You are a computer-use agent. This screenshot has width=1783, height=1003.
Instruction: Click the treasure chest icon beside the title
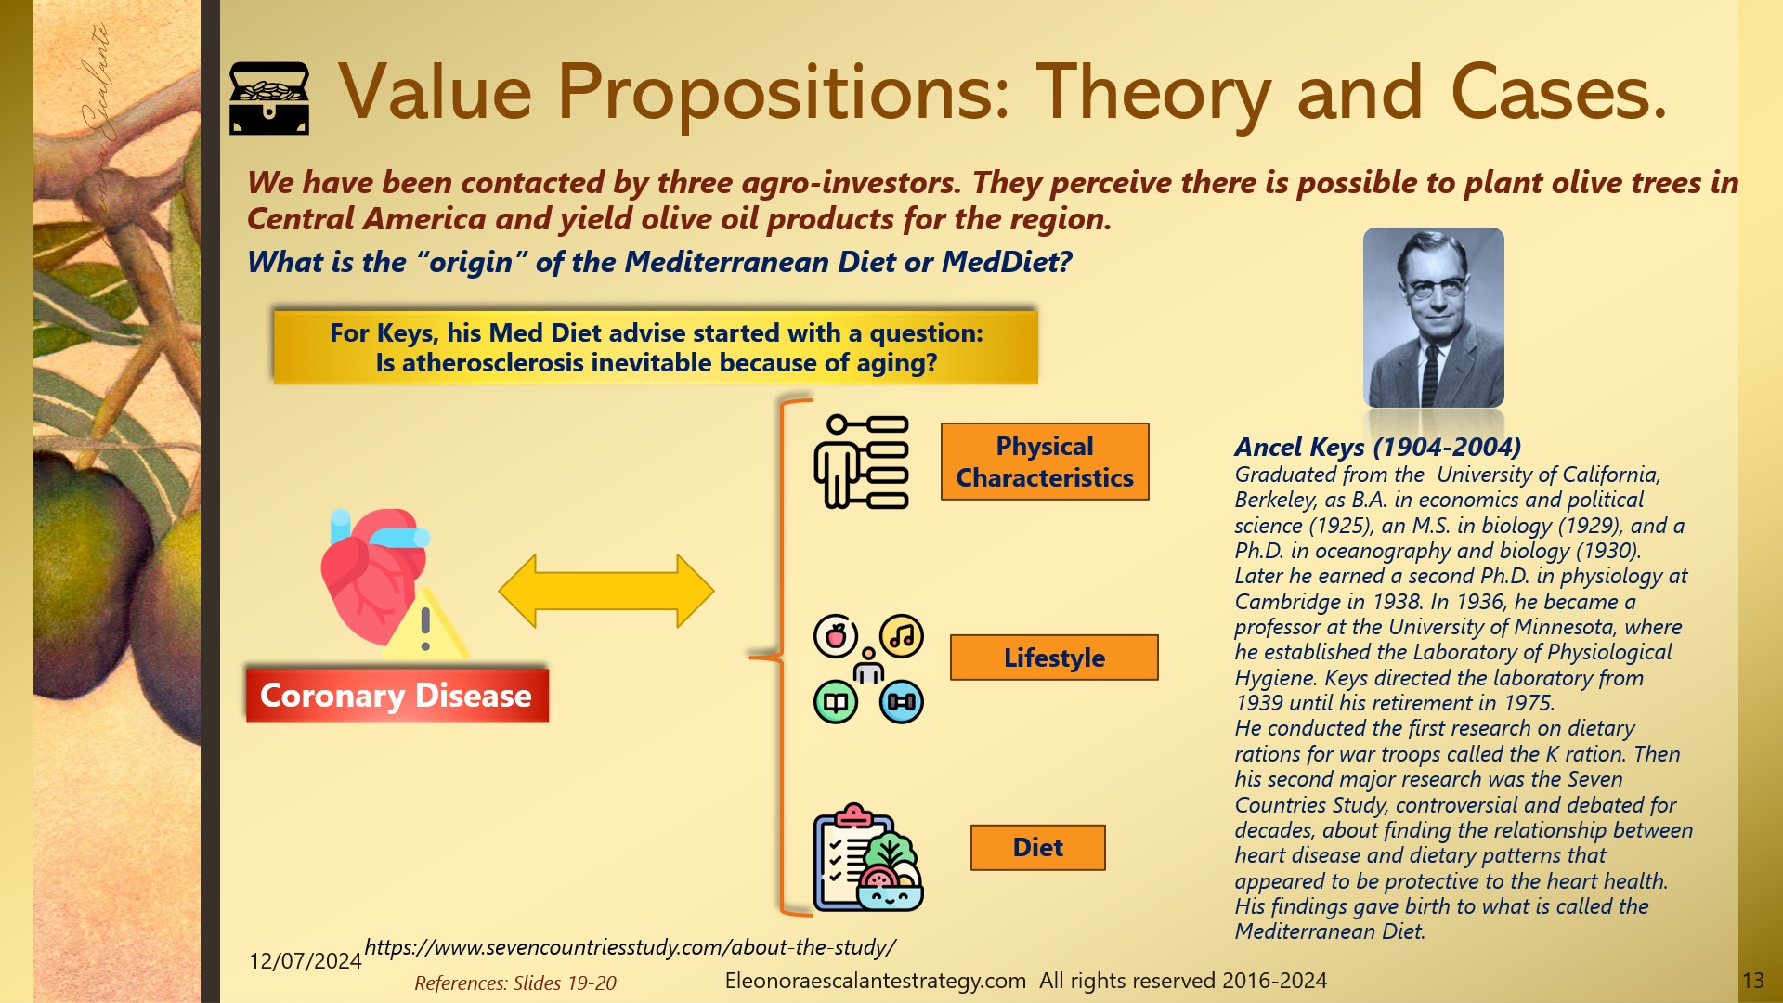[x=268, y=98]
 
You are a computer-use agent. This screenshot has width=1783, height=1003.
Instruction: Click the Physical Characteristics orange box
[x=1044, y=462]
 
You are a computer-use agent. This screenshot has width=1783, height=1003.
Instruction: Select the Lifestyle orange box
[x=1054, y=658]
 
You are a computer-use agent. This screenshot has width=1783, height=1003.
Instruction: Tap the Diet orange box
[x=1037, y=847]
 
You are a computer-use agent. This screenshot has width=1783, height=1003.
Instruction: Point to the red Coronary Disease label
[x=397, y=695]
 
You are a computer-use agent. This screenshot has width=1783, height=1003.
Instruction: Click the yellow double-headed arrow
[x=605, y=591]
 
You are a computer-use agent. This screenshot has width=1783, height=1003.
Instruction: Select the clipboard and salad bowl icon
[x=867, y=858]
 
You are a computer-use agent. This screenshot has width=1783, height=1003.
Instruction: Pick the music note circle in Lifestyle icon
[x=901, y=636]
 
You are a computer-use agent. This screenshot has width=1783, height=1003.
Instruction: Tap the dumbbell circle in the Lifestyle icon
[x=901, y=702]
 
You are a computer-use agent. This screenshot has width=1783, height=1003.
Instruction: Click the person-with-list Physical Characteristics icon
[x=861, y=462]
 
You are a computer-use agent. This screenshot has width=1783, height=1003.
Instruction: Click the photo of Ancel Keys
[x=1433, y=318]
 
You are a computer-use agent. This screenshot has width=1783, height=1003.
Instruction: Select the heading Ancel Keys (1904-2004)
[x=1377, y=447]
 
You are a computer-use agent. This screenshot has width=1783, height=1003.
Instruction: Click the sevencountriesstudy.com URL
[x=630, y=947]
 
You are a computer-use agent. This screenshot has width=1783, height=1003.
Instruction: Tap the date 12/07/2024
[x=305, y=960]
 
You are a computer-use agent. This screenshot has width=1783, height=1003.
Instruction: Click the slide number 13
[x=1752, y=981]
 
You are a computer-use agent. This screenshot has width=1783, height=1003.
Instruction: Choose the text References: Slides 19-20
[x=514, y=983]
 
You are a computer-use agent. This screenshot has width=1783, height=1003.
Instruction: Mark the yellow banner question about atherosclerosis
[x=656, y=347]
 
